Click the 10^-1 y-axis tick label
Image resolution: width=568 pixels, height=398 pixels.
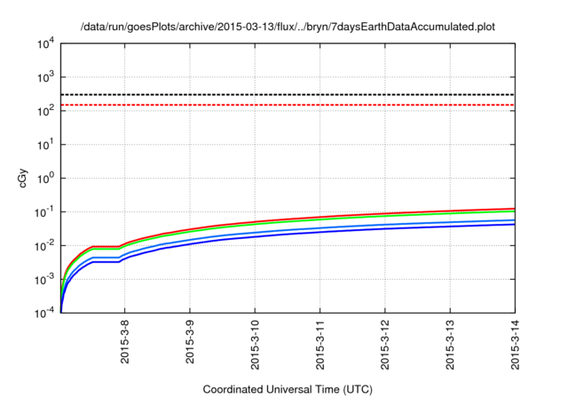(x=43, y=211)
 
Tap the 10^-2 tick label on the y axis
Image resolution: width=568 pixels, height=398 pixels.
(x=43, y=245)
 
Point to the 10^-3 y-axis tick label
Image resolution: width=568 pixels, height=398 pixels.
(x=43, y=279)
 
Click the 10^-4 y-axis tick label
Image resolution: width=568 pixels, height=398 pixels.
(x=43, y=313)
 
